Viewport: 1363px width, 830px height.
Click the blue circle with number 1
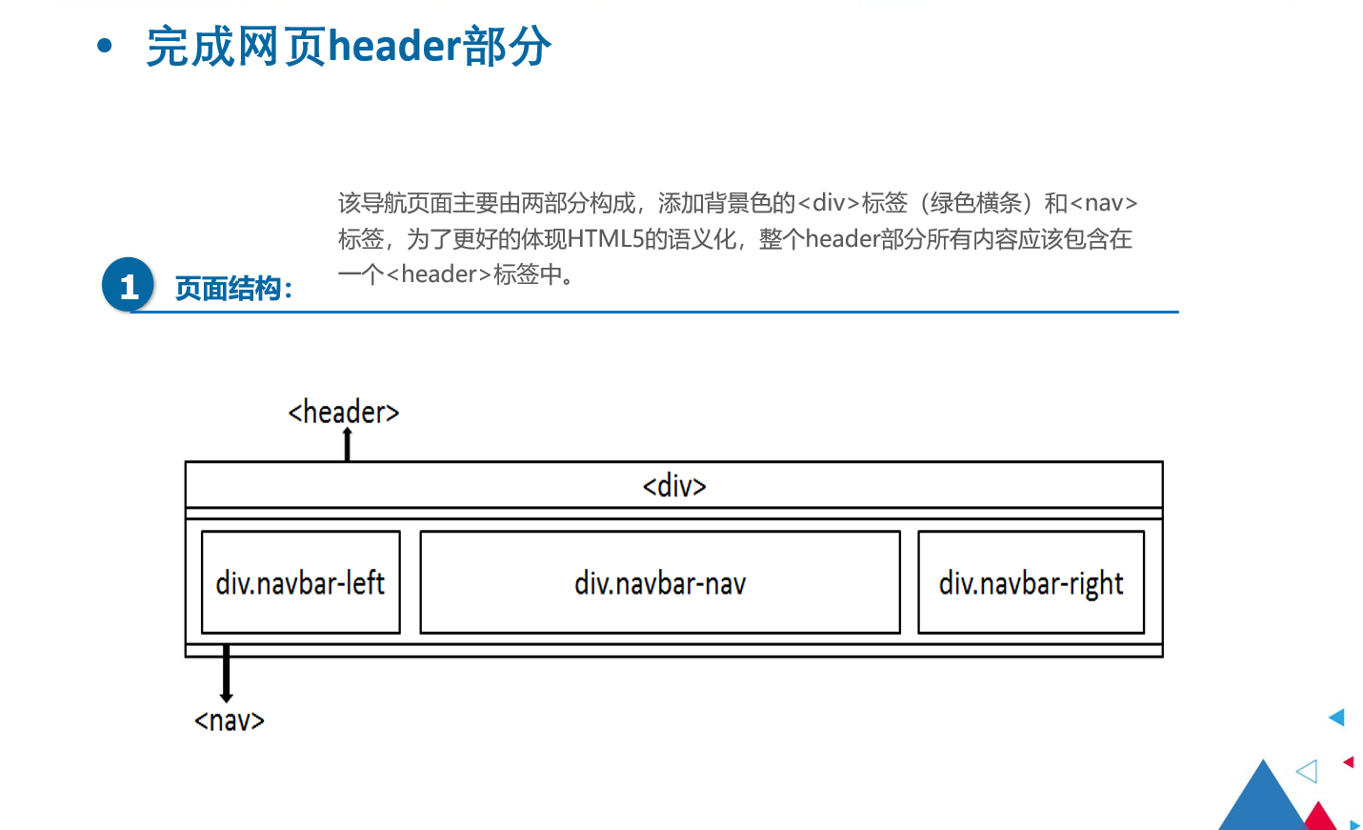(128, 285)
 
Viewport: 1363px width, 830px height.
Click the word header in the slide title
(394, 46)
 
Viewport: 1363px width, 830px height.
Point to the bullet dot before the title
(105, 45)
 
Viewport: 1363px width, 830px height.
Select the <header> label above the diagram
(343, 412)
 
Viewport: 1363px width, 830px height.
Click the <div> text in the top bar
(674, 486)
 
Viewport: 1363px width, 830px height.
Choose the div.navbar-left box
(300, 582)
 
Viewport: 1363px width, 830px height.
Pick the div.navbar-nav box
(659, 582)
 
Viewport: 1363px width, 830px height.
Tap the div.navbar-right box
(1031, 582)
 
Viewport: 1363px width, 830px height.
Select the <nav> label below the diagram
(230, 720)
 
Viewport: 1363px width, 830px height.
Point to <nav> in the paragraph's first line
(1103, 203)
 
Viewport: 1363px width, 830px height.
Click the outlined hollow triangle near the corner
(1309, 771)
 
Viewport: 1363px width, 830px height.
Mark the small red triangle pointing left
(1349, 761)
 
